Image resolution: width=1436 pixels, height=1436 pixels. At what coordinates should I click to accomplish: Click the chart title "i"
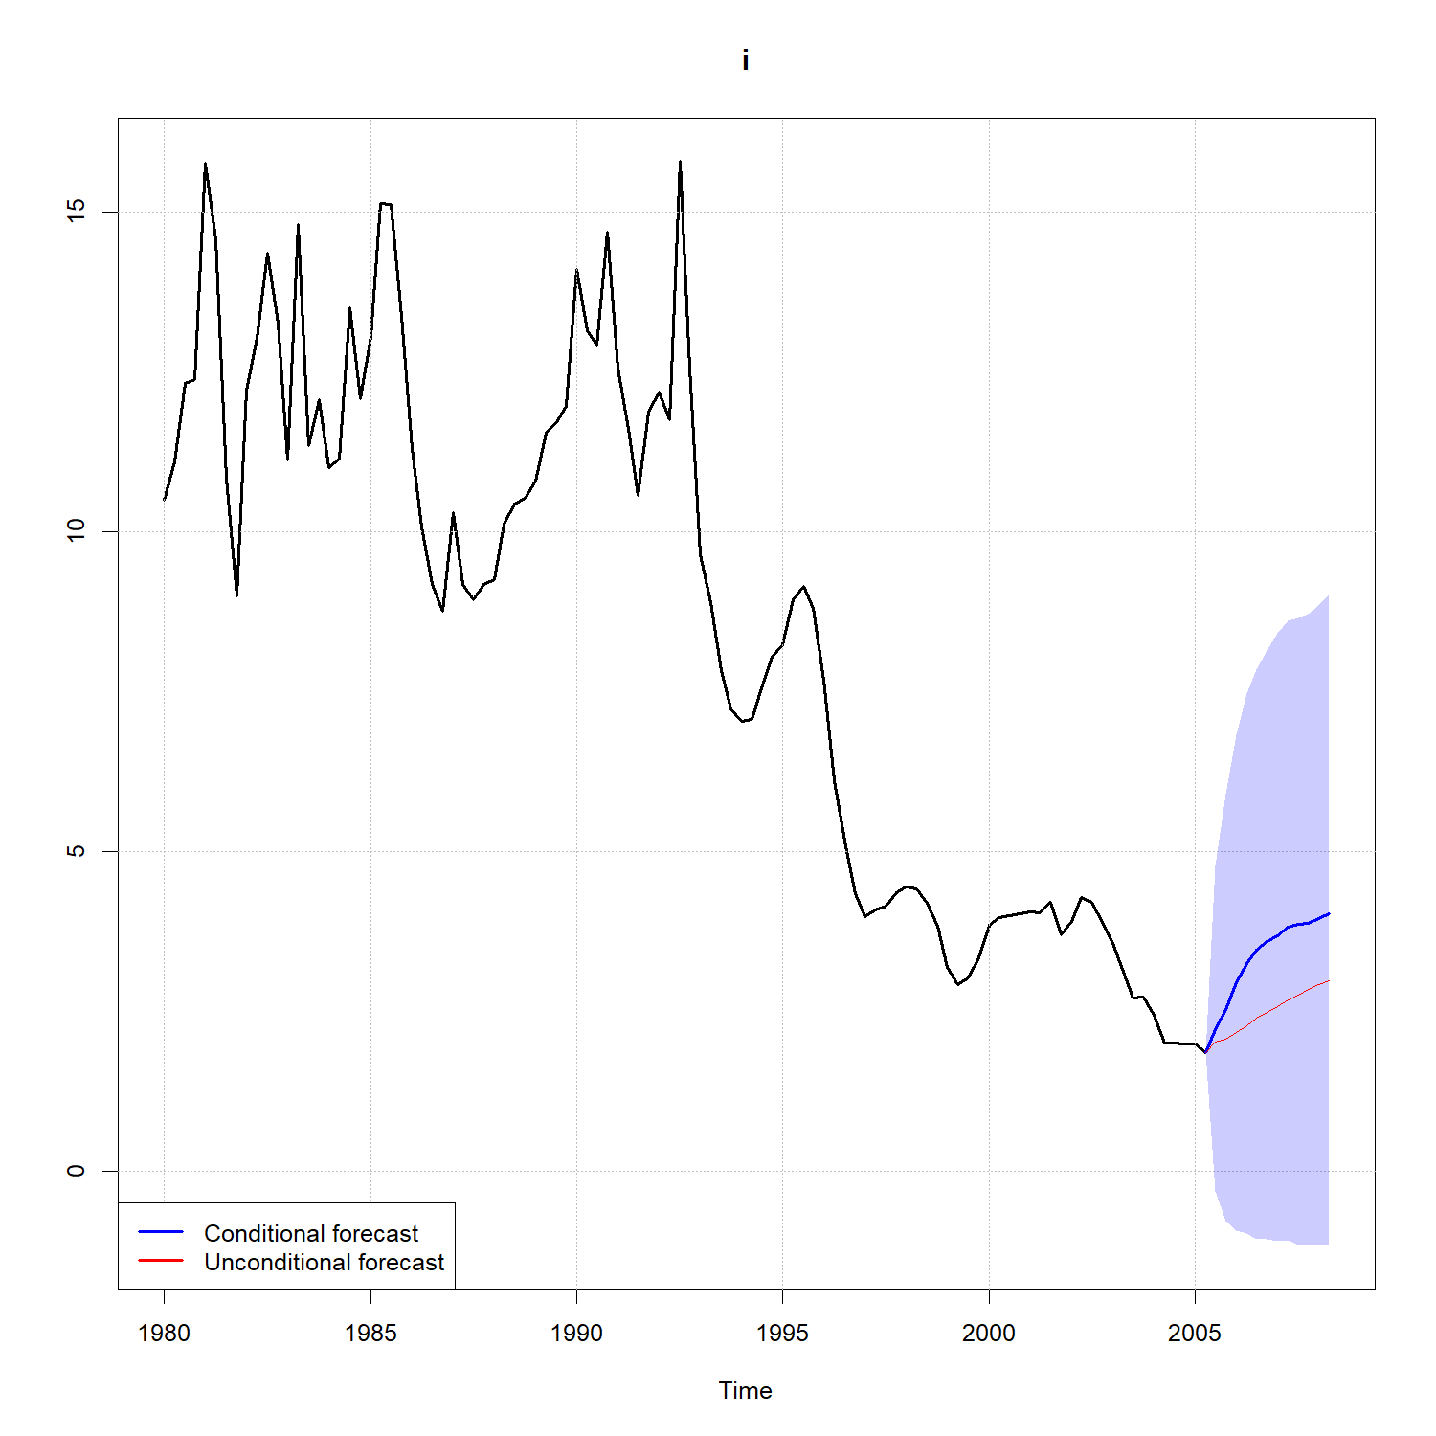pyautogui.click(x=745, y=60)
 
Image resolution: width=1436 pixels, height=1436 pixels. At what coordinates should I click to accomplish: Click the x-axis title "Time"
pyautogui.click(x=745, y=1390)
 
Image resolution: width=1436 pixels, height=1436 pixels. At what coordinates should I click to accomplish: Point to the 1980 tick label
pyautogui.click(x=165, y=1333)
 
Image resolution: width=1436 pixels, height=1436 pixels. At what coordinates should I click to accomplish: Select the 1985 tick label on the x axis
pyautogui.click(x=370, y=1333)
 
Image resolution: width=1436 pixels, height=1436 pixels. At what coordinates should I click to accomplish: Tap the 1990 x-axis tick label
pyautogui.click(x=576, y=1333)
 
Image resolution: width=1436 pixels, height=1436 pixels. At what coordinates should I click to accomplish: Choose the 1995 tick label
pyautogui.click(x=783, y=1333)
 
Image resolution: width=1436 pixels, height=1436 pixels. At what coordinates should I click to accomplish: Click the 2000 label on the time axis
pyautogui.click(x=989, y=1333)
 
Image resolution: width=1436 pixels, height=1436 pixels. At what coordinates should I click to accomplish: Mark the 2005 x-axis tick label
pyautogui.click(x=1195, y=1333)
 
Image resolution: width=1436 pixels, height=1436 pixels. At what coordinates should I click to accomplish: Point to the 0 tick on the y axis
pyautogui.click(x=76, y=1171)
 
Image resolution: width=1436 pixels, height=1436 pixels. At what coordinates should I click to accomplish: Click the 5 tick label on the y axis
pyautogui.click(x=76, y=851)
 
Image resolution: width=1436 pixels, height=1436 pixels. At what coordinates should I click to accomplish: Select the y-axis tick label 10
pyautogui.click(x=76, y=531)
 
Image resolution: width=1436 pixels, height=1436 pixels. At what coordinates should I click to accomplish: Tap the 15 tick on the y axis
pyautogui.click(x=76, y=212)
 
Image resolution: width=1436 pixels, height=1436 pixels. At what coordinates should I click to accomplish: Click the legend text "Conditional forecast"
pyautogui.click(x=311, y=1233)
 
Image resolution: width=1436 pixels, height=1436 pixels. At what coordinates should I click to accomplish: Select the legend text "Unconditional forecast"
pyautogui.click(x=324, y=1262)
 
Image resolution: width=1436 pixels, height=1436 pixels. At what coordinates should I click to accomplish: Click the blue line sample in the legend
pyautogui.click(x=161, y=1232)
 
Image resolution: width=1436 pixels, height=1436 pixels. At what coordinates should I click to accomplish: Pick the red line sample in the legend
pyautogui.click(x=161, y=1261)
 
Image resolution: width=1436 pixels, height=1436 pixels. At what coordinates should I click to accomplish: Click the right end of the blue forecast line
pyautogui.click(x=1329, y=914)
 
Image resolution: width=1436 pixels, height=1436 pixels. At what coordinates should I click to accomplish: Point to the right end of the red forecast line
pyautogui.click(x=1329, y=981)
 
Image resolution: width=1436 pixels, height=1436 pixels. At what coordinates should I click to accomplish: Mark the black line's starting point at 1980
pyautogui.click(x=165, y=500)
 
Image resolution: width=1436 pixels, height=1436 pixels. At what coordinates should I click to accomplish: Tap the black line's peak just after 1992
pyautogui.click(x=680, y=162)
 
